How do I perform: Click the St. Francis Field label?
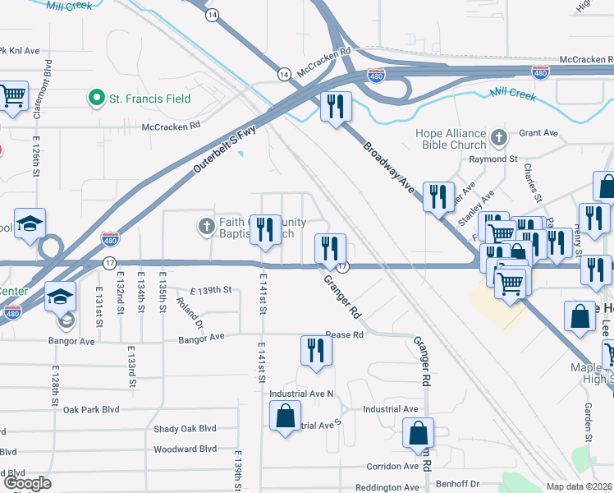point(150,99)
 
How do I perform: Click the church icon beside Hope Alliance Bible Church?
point(498,136)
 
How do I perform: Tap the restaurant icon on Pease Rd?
point(316,350)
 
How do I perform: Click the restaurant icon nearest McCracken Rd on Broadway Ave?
point(336,107)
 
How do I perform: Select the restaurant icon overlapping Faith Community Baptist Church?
point(263,230)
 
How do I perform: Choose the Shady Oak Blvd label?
point(185,429)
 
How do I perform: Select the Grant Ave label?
point(538,132)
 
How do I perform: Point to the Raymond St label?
point(493,159)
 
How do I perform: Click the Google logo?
point(28,483)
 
